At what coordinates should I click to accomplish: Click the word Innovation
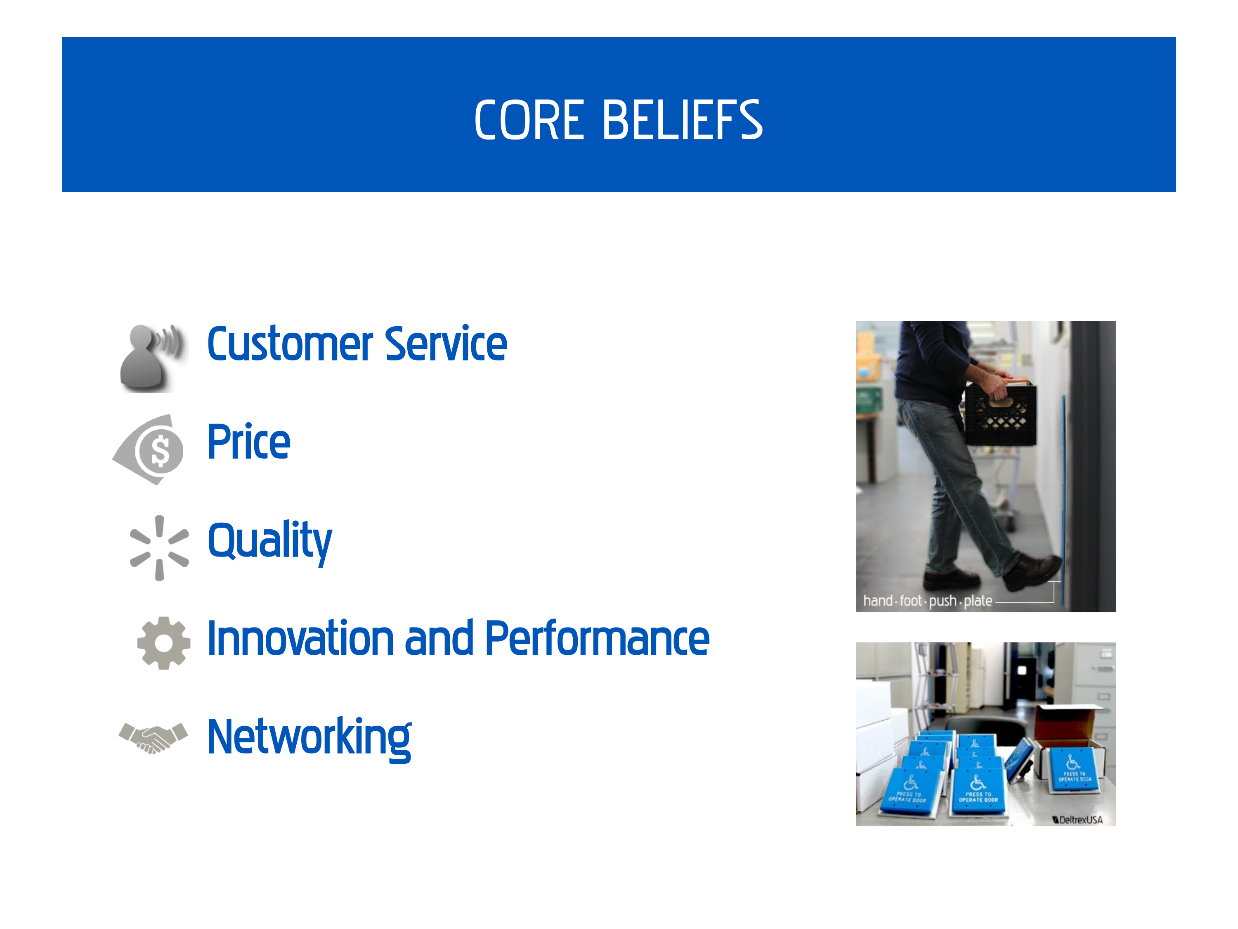(300, 638)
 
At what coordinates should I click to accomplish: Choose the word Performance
(597, 638)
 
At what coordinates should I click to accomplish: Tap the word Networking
(309, 739)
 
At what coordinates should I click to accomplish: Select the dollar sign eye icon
(148, 450)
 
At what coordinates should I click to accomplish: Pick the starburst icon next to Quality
(159, 547)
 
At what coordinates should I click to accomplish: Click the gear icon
(163, 643)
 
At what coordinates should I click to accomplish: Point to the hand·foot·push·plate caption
(927, 601)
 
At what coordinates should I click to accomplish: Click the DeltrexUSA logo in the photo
(1077, 820)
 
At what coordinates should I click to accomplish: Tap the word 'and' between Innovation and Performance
(439, 638)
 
